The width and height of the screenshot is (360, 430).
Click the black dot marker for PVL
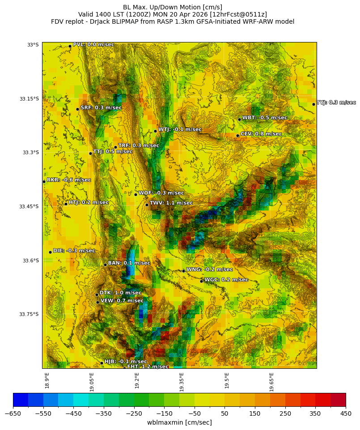pos(70,46)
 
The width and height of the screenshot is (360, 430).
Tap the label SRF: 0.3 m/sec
pos(101,108)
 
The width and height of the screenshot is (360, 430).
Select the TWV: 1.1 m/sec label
pos(171,203)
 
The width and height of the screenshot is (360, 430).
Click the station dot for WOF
pos(136,194)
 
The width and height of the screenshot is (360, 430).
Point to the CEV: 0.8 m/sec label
pos(261,134)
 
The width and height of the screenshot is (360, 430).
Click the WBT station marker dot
pos(239,119)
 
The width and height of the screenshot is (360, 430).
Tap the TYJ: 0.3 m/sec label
pos(336,103)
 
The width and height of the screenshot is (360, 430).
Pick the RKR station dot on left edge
pos(44,181)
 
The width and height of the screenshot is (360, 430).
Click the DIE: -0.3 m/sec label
pos(74,251)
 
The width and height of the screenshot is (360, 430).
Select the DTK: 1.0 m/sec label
pos(120,293)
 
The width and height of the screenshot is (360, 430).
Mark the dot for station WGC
pos(201,281)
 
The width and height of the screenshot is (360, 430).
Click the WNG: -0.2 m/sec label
pos(209,270)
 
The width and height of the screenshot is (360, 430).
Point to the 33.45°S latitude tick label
pos(29,207)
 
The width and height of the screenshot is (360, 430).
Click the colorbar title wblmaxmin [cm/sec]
pos(179,422)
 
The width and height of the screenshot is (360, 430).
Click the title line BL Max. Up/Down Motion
pos(173,7)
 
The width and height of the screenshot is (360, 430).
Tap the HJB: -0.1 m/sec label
pos(126,361)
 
